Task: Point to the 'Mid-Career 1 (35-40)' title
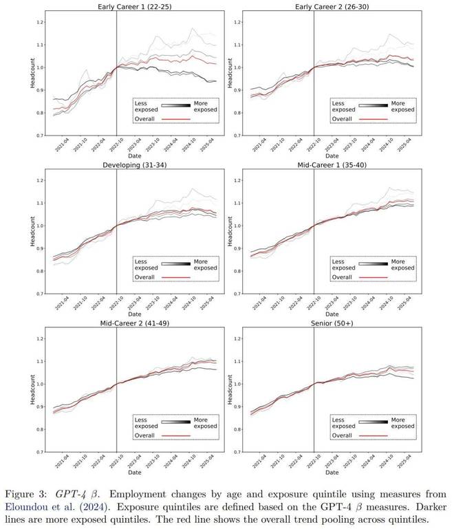tap(326, 165)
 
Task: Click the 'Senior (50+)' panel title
tap(326, 324)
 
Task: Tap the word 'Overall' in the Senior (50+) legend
tap(343, 435)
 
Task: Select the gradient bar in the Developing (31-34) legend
tap(175, 262)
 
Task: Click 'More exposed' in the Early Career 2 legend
tap(402, 106)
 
